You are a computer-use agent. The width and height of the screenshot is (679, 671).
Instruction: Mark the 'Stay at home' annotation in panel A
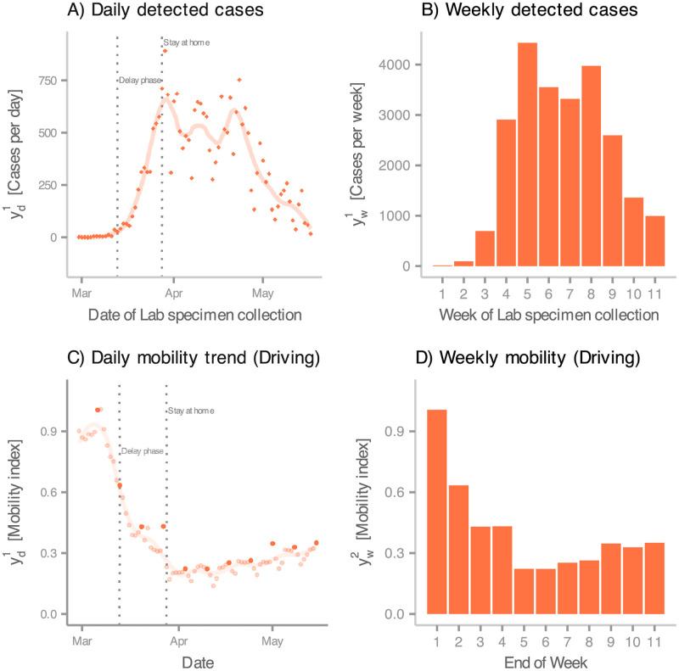click(x=187, y=42)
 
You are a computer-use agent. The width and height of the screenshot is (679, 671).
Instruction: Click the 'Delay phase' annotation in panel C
click(x=143, y=451)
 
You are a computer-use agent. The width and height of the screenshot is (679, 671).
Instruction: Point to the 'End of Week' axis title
click(x=544, y=658)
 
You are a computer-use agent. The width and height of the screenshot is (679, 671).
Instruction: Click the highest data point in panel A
click(x=165, y=51)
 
